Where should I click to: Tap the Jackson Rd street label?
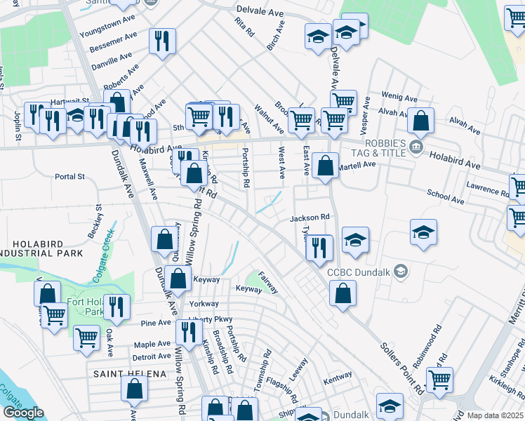[310, 218]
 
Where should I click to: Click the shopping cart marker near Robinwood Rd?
[439, 380]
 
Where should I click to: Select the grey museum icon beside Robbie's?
[417, 147]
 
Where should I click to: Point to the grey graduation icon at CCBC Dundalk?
[401, 272]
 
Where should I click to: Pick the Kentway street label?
[337, 377]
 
